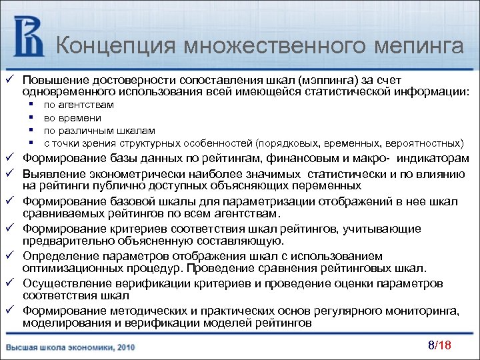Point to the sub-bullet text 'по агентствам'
[x=78, y=105]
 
